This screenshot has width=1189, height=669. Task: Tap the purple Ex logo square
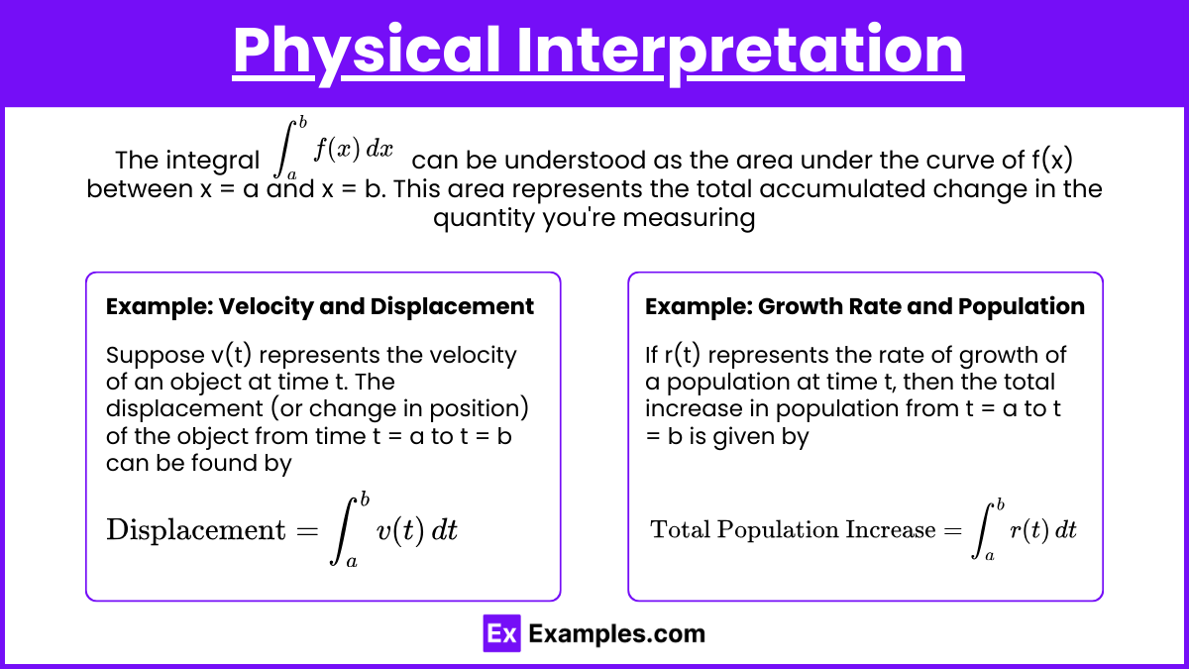coord(501,633)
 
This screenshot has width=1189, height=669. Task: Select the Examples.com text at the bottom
coord(616,634)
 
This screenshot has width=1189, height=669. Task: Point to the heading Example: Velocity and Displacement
coord(319,307)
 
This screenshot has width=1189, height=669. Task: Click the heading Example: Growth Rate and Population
coord(865,307)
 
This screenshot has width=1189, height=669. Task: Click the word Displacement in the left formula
coord(196,530)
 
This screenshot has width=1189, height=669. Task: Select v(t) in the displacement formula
coord(400,530)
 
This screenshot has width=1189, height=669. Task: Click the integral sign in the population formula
coord(982,531)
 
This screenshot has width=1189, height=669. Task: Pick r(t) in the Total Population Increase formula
coord(1029,530)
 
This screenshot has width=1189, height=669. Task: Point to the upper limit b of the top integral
coord(302,123)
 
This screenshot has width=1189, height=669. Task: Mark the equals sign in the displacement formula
coord(307,530)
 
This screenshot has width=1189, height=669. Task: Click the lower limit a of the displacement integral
coord(352,562)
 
